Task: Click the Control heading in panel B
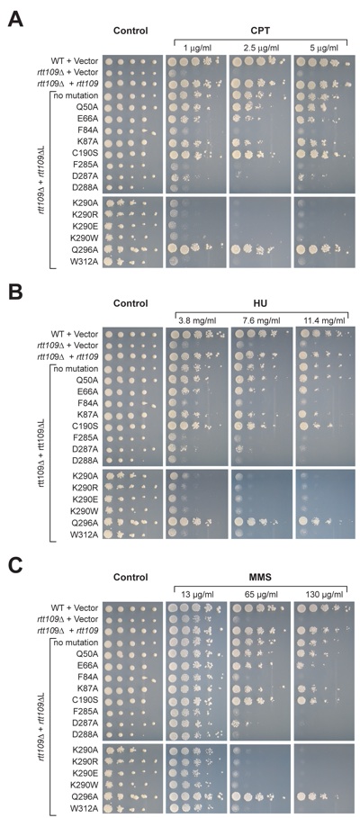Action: tap(131, 303)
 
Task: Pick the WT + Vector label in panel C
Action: tap(75, 607)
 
